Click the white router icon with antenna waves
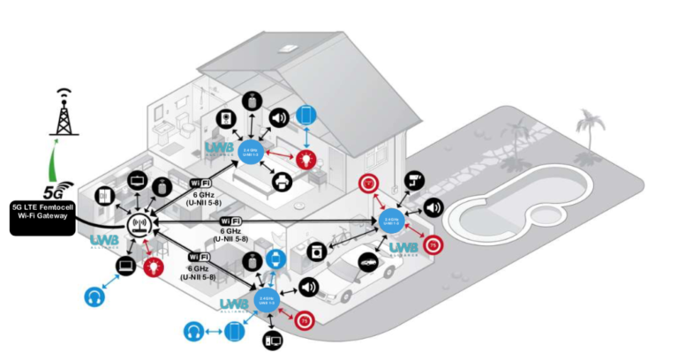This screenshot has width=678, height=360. pos(138,226)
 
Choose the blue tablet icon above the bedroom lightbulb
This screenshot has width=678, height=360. pos(305,116)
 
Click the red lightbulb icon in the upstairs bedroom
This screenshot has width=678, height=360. pos(305,159)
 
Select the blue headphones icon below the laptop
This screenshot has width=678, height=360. pos(95,296)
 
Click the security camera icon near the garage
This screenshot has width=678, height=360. pos(413,181)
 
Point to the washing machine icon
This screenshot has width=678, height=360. pos(316,251)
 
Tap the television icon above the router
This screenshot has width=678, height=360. pos(139,181)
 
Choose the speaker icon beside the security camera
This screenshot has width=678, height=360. pos(433,208)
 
